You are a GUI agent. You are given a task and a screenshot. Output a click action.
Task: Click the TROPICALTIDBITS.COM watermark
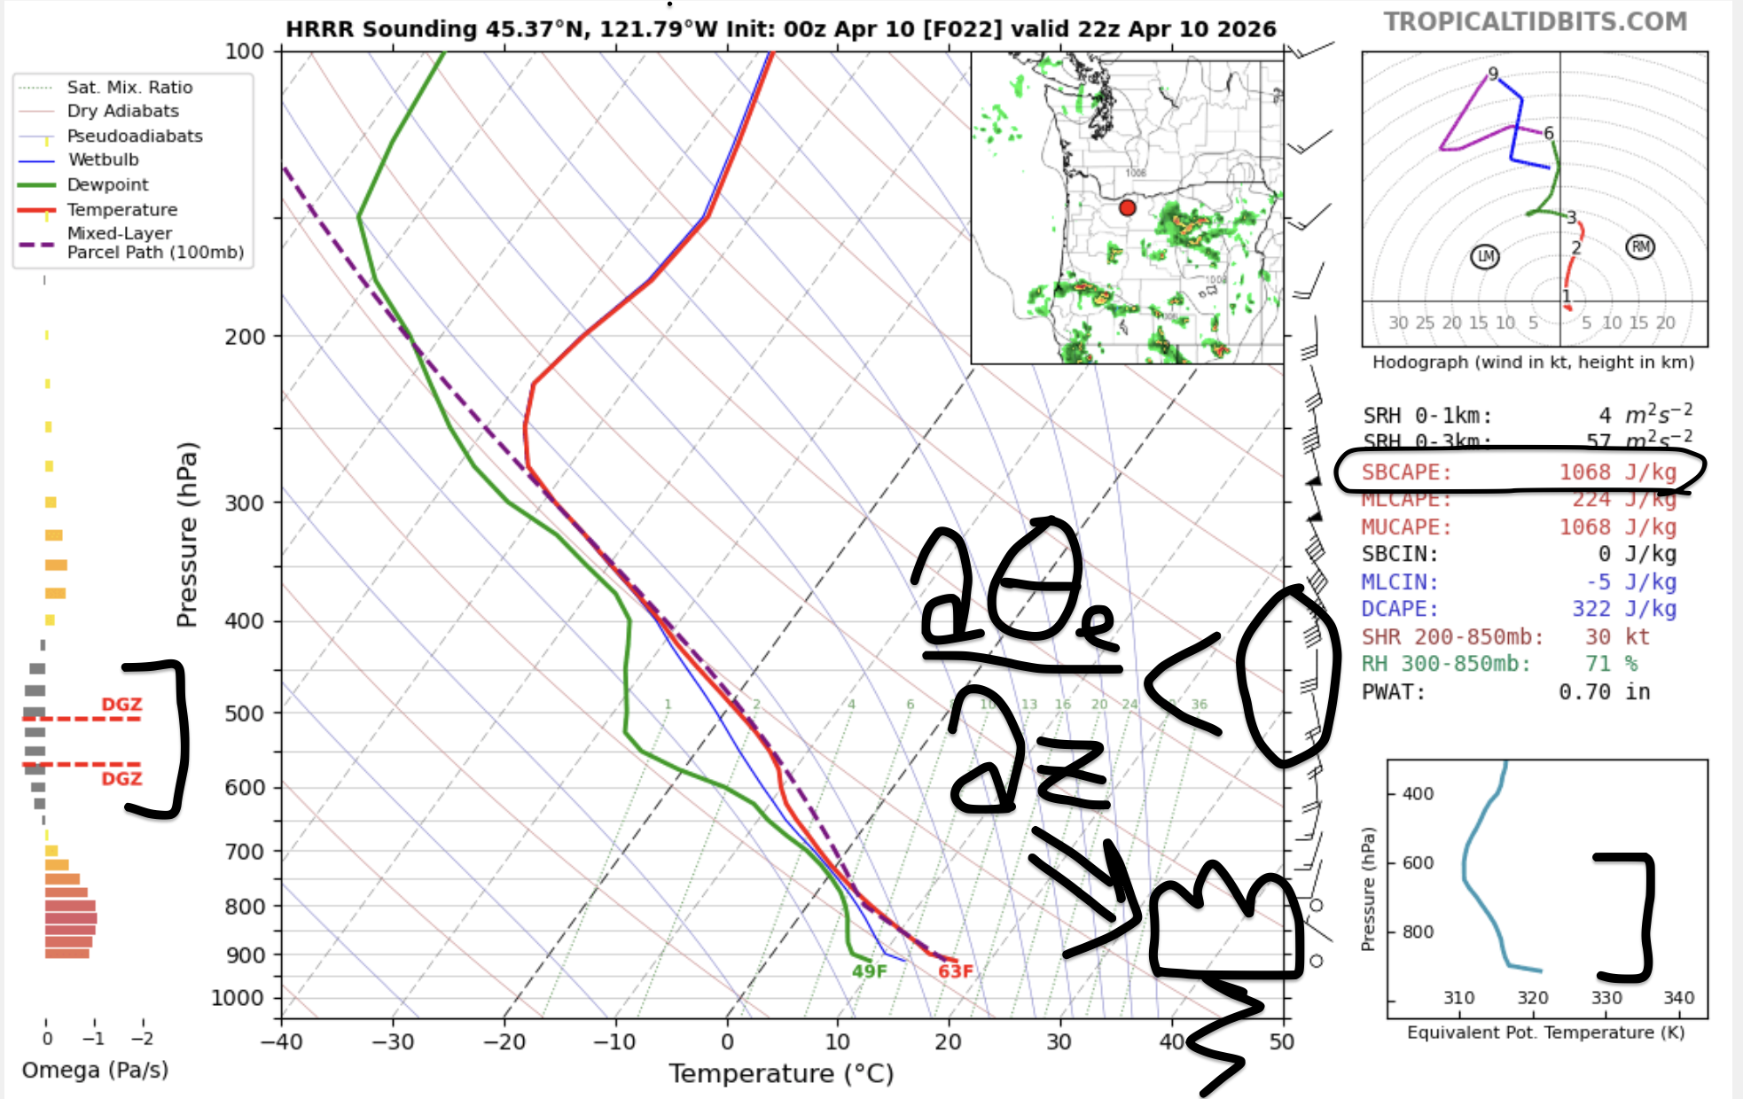[1536, 21]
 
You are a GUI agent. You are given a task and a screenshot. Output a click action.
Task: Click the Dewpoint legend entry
[107, 184]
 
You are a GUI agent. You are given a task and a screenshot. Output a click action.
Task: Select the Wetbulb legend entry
[103, 160]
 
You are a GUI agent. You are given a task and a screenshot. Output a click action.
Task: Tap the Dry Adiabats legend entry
[122, 111]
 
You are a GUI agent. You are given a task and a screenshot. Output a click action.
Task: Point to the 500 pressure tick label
[244, 713]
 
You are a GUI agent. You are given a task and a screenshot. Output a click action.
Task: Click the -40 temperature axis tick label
[282, 1041]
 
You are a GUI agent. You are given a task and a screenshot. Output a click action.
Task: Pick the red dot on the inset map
[1127, 208]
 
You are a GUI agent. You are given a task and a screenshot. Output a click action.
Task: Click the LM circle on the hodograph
[1485, 257]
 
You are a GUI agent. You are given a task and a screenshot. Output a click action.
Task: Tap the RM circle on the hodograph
[1640, 247]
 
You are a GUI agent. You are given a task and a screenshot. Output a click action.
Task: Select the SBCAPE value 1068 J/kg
[1617, 472]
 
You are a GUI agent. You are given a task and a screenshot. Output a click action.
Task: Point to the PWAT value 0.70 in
[1604, 692]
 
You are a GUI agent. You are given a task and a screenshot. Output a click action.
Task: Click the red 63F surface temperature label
[956, 971]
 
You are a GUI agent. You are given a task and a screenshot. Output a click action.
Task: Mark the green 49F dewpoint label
[869, 971]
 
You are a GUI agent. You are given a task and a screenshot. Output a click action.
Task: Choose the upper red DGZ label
[121, 705]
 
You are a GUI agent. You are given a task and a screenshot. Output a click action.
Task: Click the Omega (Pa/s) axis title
[95, 1070]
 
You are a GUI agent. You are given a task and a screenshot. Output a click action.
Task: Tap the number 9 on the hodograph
[1493, 74]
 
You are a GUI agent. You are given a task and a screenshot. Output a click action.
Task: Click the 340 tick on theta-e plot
[1678, 998]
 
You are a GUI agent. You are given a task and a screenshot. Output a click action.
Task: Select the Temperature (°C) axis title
[781, 1073]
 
